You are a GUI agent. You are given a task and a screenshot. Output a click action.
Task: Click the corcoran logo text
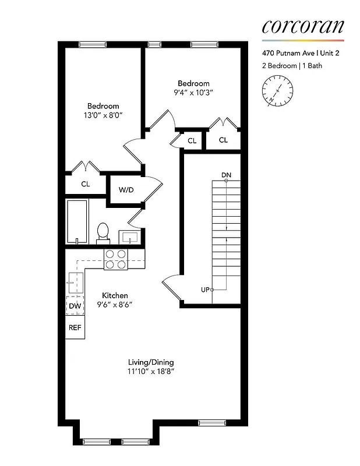point(302,26)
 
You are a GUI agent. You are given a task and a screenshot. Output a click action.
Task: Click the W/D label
point(126,190)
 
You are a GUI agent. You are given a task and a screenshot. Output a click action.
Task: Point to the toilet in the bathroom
point(103,231)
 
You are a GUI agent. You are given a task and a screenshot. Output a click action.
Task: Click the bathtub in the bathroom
point(76,221)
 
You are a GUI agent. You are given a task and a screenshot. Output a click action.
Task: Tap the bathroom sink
point(129,237)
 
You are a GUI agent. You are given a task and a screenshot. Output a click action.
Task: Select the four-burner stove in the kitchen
point(115,259)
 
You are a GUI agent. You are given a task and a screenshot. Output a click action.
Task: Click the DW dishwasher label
point(75,306)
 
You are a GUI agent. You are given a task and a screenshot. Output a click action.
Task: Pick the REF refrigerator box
point(75,327)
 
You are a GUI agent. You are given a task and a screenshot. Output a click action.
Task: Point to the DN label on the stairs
point(226,175)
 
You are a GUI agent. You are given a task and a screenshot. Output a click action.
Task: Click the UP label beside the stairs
point(205,290)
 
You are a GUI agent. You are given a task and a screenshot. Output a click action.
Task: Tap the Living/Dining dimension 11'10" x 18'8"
point(151,371)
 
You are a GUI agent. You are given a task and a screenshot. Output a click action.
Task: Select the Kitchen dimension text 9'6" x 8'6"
point(115,305)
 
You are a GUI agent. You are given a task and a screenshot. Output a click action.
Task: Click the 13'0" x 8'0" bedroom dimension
point(103,115)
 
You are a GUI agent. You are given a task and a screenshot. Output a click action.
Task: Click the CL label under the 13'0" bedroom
point(86,184)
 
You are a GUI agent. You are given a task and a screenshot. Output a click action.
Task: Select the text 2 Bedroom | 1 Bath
point(292,66)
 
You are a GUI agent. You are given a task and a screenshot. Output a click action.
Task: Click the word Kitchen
point(115,295)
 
